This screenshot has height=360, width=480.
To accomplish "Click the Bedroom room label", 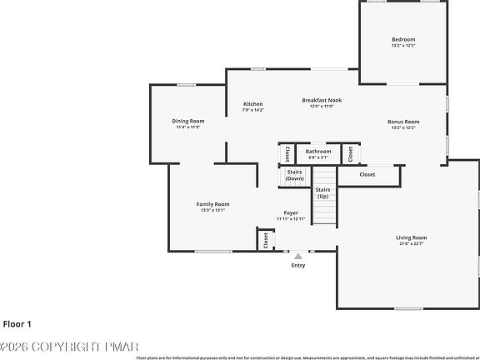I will point(403,39).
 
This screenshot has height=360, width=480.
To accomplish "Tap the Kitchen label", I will point(252,104).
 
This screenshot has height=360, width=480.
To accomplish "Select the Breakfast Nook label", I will point(322,100).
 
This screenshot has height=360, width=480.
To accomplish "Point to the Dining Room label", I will point(187,121).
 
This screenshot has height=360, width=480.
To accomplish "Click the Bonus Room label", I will point(403,122).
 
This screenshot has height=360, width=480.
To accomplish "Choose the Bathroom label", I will point(318,152).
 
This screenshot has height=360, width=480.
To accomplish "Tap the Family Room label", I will point(212,204).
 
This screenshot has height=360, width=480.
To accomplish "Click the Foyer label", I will point(291,212).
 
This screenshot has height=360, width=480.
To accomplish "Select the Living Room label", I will point(411,237).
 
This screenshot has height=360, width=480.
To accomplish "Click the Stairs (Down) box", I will point(294,175).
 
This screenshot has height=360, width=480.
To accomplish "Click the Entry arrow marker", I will point(298,256).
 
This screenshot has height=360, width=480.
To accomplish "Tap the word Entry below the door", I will point(298,266).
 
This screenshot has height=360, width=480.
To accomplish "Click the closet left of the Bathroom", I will point(287,154).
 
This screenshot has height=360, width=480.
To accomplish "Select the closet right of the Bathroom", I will point(351,153).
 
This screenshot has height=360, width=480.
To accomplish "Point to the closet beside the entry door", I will point(266,240).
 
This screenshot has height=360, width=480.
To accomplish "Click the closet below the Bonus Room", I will point(367,175).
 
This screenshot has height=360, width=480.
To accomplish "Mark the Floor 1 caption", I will point(17,323).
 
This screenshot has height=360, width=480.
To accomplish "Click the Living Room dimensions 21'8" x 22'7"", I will point(411,243).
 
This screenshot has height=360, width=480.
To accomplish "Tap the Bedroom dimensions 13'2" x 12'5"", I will point(403,45).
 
